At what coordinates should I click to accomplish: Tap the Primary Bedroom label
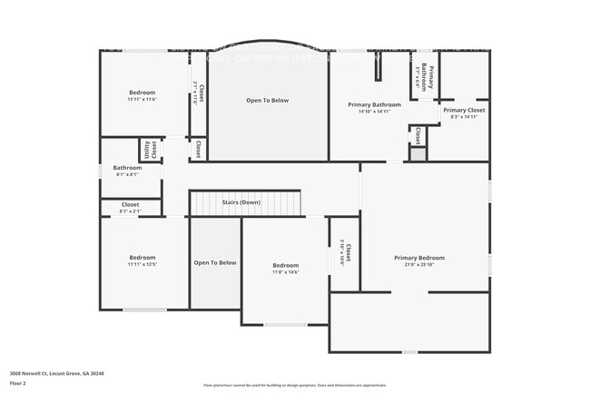tap(419, 258)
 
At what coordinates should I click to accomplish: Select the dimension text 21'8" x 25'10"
tap(419, 265)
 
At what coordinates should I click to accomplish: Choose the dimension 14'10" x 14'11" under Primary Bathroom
tap(374, 112)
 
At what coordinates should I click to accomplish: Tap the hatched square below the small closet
tap(417, 155)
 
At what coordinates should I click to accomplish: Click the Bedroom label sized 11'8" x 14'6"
tap(286, 265)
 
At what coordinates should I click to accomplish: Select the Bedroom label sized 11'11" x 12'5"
tap(143, 258)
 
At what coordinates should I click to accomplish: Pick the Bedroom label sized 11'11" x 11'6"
tap(143, 93)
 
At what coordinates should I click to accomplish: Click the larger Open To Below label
tap(268, 101)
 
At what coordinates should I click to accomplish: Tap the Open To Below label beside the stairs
tap(215, 262)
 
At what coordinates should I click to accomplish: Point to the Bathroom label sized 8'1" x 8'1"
tap(127, 167)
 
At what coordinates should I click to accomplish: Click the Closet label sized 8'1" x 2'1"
tap(130, 205)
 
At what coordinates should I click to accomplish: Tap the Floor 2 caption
tap(19, 383)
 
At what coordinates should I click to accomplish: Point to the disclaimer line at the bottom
tap(294, 385)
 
